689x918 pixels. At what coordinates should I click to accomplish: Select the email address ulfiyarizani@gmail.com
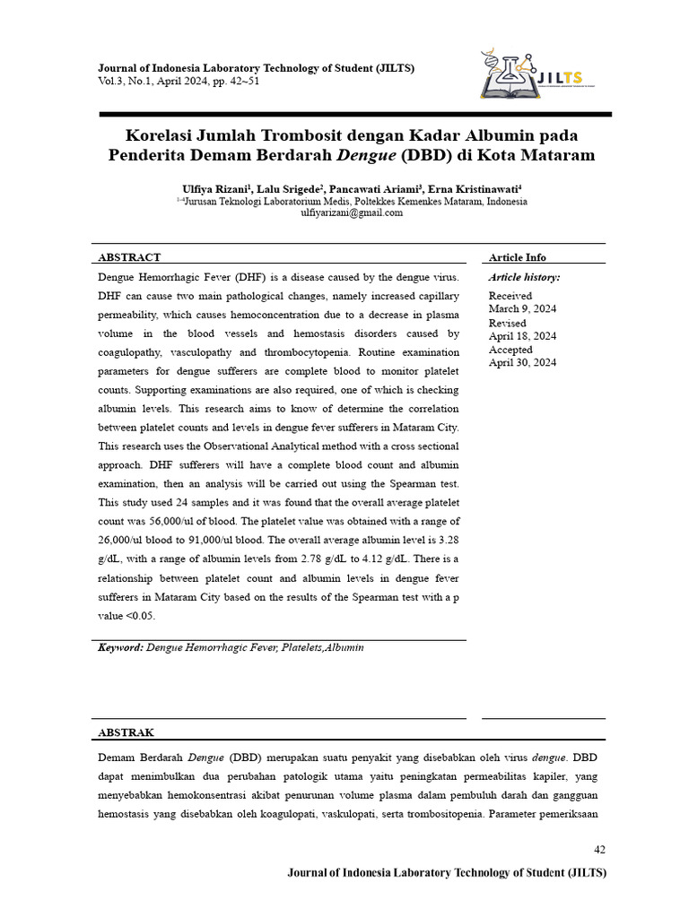[x=351, y=213]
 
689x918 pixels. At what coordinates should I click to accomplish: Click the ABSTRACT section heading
[x=129, y=257]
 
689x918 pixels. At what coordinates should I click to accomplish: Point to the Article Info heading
[x=517, y=257]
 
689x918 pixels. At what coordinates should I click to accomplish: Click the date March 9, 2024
[x=522, y=308]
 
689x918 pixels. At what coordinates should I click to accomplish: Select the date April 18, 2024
[x=522, y=336]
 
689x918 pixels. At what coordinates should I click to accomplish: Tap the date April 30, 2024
[x=522, y=363]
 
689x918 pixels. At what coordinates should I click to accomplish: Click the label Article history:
[x=524, y=278]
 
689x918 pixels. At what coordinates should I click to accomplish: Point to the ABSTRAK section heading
[x=126, y=732]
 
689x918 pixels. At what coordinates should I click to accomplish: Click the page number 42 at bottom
[x=600, y=849]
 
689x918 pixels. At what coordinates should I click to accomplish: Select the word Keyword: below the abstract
[x=120, y=647]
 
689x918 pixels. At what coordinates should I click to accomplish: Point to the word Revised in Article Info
[x=507, y=323]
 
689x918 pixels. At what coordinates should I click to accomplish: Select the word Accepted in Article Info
[x=510, y=350]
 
